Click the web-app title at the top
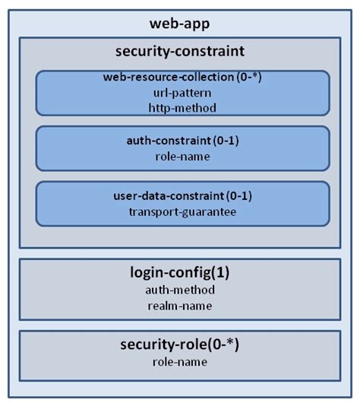click(x=181, y=24)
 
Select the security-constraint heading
click(x=181, y=52)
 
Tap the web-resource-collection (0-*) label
click(x=182, y=78)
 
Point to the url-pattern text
click(x=182, y=93)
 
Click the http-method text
click(x=182, y=107)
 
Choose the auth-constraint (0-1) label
click(x=182, y=141)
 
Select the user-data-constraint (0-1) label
click(x=182, y=196)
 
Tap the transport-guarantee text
click(x=182, y=211)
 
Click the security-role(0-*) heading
click(x=181, y=345)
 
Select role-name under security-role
click(x=181, y=361)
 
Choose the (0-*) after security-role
click(x=225, y=345)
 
